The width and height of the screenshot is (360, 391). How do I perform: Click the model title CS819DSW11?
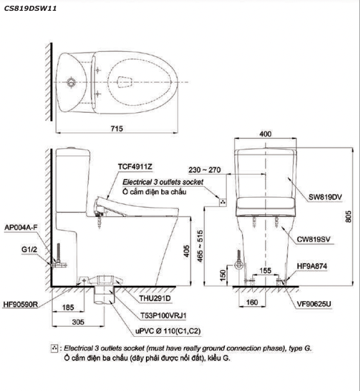[31, 8]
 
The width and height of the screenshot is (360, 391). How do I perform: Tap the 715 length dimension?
[117, 128]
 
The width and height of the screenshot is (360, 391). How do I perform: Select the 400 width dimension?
[265, 134]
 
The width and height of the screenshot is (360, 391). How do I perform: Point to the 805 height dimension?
[349, 216]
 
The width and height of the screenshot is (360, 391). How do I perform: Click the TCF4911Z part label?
[135, 166]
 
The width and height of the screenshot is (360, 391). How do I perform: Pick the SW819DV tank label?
[325, 197]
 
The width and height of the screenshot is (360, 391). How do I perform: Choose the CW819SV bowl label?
[313, 240]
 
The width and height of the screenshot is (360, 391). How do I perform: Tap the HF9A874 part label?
[312, 266]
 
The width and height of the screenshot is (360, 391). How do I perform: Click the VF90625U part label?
[314, 304]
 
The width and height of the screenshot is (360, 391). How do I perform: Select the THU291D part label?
[155, 299]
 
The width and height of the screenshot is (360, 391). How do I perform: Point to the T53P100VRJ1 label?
[163, 316]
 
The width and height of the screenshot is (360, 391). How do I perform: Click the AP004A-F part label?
[21, 227]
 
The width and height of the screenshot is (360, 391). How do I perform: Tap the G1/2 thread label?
[29, 249]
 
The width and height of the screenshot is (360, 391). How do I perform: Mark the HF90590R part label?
[20, 304]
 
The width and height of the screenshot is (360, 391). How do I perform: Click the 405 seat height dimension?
[187, 251]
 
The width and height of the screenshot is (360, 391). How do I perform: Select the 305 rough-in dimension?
[78, 322]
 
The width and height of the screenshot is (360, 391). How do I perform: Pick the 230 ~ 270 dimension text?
[205, 170]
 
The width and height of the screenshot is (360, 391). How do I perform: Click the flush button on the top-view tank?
[71, 82]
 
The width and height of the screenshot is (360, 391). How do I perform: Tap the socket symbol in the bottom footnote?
[54, 348]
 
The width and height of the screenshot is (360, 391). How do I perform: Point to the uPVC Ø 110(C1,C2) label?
[168, 331]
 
